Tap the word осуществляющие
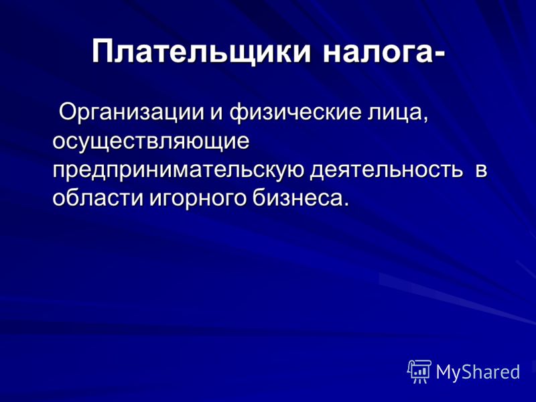[151, 141]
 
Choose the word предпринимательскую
[178, 170]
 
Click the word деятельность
[387, 170]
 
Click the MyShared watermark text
[478, 372]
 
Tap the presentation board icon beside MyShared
[419, 372]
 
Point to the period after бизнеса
[346, 204]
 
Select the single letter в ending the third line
[481, 171]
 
